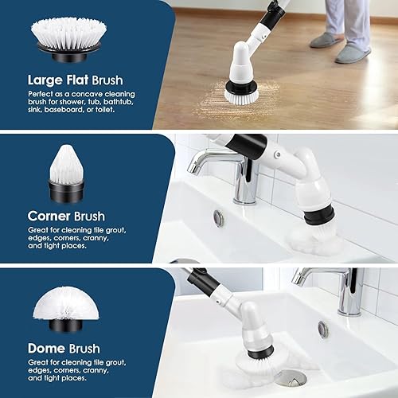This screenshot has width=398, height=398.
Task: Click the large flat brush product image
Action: (68, 40)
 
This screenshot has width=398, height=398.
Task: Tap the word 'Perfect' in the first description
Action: (41, 94)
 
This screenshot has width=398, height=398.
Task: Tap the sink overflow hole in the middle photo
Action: (218, 218)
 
